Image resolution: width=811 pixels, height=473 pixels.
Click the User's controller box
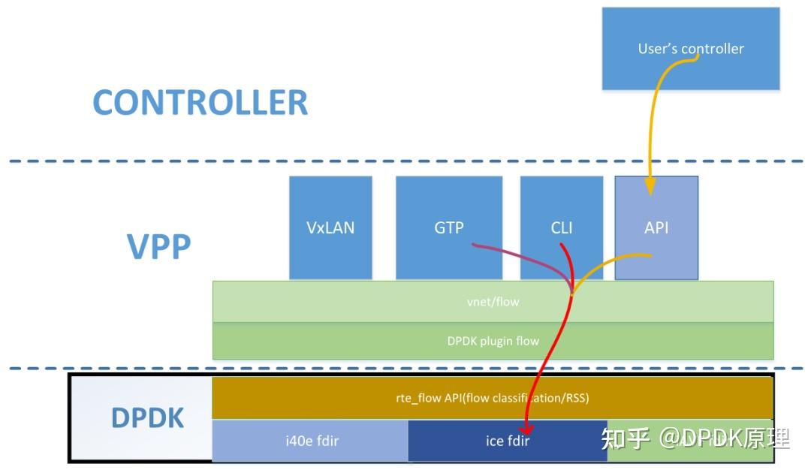coord(690,49)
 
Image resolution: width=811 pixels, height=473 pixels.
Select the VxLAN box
coord(330,227)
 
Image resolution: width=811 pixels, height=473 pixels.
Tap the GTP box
coord(449,227)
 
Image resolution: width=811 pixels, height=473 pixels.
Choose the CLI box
coord(561,227)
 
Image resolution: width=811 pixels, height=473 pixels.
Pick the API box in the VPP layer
coord(656,227)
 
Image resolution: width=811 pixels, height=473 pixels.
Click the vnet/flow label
coord(493,302)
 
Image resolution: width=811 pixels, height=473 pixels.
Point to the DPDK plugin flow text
coord(493,341)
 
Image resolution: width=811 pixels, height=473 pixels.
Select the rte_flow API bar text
coord(493,398)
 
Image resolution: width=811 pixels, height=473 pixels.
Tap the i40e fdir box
coord(310,441)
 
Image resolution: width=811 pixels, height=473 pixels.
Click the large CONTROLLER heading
coord(200,103)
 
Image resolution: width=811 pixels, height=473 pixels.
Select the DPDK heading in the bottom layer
coord(148,418)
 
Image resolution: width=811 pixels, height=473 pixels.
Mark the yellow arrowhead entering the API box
coord(650,186)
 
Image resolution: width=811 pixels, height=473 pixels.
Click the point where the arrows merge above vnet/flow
coord(571,293)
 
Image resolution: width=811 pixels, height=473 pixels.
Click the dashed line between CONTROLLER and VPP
coord(405,161)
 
